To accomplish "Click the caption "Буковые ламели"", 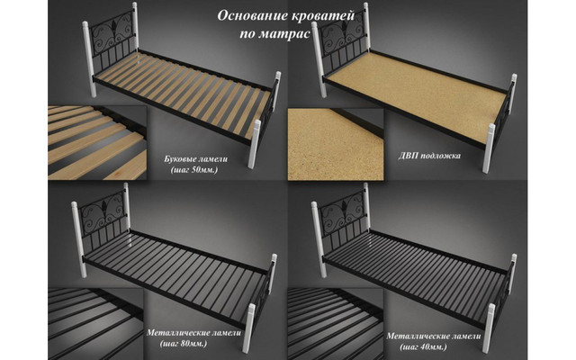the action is pos(196,159).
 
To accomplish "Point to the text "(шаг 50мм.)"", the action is pos(194,170).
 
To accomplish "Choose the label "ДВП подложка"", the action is pos(429,156).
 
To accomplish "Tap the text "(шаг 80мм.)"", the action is pos(184,344).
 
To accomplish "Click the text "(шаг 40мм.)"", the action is pos(423,346).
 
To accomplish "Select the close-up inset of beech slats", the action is pos(97,143).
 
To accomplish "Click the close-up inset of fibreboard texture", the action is pos(336,144).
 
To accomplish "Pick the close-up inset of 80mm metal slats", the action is pos(95,324).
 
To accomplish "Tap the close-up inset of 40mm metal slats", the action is pos(336,324).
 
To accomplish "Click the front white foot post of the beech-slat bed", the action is pos(254,144).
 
